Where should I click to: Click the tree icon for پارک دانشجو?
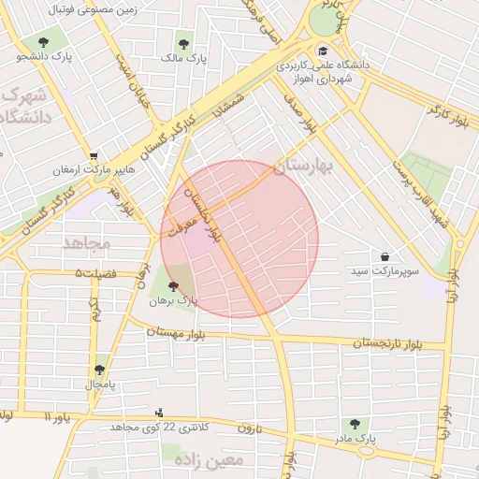coord(43,42)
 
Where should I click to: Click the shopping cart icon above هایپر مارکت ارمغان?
coord(93,156)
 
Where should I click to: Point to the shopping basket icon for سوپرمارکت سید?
coord(385,256)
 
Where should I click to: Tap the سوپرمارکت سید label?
coord(385,271)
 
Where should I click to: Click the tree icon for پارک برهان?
coord(173,286)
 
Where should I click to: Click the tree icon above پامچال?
coord(99,370)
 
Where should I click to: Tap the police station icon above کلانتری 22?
coord(158,413)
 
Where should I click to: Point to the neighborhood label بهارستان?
coord(305,166)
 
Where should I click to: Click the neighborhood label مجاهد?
coord(87,244)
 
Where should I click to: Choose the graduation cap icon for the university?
coord(323,51)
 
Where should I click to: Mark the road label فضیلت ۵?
coord(95,273)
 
